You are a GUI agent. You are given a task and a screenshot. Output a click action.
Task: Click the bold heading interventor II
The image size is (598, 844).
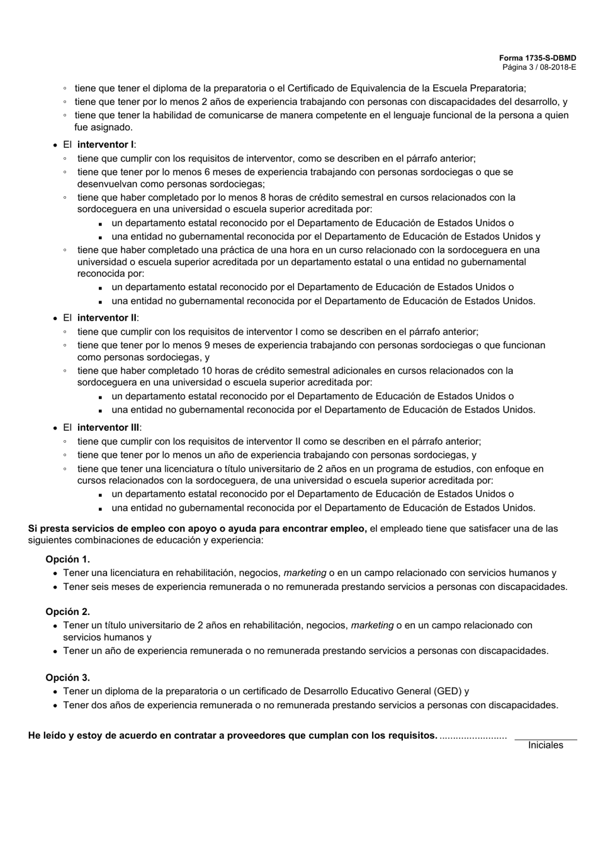[107, 318]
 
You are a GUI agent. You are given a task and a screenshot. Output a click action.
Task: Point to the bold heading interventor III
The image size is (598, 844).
[108, 428]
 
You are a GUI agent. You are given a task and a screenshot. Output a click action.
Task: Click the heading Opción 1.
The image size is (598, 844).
[67, 559]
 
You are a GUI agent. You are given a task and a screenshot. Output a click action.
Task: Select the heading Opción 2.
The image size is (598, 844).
[67, 611]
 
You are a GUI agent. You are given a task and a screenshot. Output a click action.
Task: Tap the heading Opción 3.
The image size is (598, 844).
[67, 677]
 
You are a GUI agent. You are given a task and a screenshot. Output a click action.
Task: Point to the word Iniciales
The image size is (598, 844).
[545, 745]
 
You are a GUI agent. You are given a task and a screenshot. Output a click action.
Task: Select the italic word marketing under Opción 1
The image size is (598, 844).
[305, 573]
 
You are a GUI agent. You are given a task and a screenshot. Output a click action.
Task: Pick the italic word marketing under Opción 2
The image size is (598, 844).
[372, 625]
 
